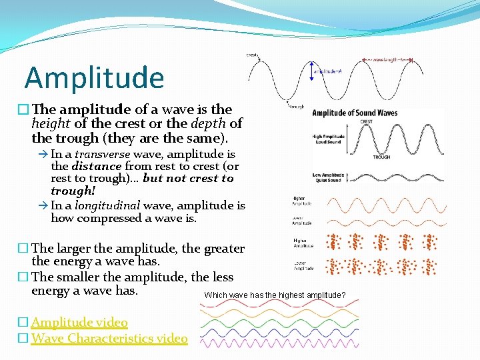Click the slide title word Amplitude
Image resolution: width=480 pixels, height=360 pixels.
pos(94,77)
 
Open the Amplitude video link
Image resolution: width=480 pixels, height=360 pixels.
pos(79,323)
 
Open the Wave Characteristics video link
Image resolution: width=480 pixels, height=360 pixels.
pos(109,339)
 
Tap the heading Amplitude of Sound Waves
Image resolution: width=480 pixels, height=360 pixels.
pos(355,113)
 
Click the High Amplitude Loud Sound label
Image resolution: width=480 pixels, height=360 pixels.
pos(328,139)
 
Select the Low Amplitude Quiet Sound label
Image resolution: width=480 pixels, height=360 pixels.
pos(328,177)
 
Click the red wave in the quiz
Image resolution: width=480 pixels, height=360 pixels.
pos(280,302)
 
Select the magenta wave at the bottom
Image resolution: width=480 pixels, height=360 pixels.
pos(280,343)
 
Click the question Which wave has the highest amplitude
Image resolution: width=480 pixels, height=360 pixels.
pos(275,295)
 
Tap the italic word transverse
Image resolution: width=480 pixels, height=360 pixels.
pos(102,154)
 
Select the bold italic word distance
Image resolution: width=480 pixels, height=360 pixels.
pos(96,167)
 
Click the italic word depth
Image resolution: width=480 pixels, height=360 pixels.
pos(204,123)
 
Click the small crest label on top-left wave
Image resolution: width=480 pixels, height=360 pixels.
pos(252,55)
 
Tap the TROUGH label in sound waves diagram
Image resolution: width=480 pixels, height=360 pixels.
pos(381,157)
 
